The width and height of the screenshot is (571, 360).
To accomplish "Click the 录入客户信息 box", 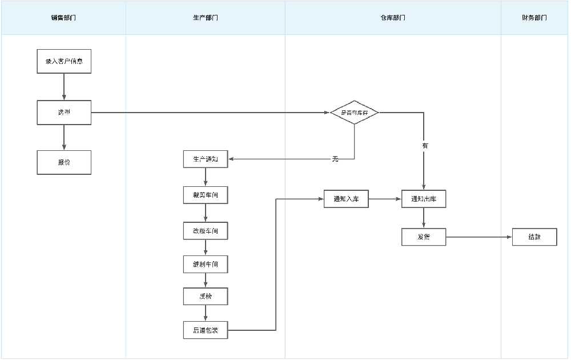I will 64,61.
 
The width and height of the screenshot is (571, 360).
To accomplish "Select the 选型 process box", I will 64,113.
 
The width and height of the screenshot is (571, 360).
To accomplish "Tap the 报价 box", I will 64,162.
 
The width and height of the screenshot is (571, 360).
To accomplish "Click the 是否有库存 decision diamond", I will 355,113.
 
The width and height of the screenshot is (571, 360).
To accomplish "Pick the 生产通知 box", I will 206,159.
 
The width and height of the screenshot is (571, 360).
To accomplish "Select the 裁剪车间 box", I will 206,195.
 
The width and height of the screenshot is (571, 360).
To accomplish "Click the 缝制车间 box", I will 206,265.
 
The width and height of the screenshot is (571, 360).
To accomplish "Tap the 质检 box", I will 206,297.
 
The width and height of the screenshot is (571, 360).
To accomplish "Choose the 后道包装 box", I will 206,330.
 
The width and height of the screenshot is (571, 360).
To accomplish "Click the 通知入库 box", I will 346,199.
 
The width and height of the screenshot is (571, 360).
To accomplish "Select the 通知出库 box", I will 424,199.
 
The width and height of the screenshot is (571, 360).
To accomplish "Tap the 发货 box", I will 424,237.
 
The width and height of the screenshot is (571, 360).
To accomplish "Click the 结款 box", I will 534,237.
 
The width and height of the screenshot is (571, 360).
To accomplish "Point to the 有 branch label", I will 425,146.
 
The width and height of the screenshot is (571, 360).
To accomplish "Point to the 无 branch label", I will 335,159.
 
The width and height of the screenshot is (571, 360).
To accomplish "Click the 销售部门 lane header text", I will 63,18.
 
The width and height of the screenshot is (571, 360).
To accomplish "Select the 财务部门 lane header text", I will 534,18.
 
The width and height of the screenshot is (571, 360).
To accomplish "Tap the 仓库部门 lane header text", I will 393,18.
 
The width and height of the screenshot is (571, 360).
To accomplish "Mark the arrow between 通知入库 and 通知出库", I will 385,199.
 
